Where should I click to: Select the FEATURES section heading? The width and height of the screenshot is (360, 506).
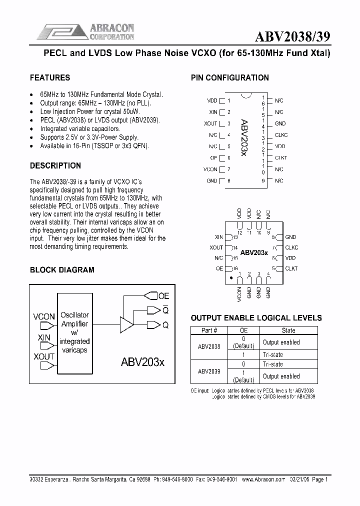click(x=50, y=77)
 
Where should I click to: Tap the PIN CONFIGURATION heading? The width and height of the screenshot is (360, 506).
click(x=230, y=77)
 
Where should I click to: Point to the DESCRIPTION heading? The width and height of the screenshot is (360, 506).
click(x=55, y=165)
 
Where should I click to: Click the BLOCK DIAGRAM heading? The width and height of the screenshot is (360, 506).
click(x=62, y=269)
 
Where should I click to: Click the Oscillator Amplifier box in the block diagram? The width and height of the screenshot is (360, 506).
click(x=74, y=332)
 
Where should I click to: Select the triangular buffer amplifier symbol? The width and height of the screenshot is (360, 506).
click(x=126, y=325)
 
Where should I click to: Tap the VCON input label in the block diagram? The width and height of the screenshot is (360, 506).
click(x=44, y=316)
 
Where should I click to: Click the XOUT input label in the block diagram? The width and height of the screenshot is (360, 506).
click(x=44, y=356)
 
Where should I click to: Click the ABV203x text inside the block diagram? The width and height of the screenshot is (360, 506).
click(x=142, y=362)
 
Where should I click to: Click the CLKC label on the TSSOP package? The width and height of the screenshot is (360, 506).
click(x=281, y=135)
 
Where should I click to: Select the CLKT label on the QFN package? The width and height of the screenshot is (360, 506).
click(x=291, y=268)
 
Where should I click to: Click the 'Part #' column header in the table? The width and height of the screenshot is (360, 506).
click(x=208, y=330)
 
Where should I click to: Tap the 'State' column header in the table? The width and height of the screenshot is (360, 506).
click(x=288, y=330)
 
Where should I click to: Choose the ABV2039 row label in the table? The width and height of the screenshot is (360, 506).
click(x=208, y=371)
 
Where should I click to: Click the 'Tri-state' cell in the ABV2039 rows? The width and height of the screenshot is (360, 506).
click(x=272, y=364)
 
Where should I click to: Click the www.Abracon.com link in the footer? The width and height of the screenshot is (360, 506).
click(x=263, y=479)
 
